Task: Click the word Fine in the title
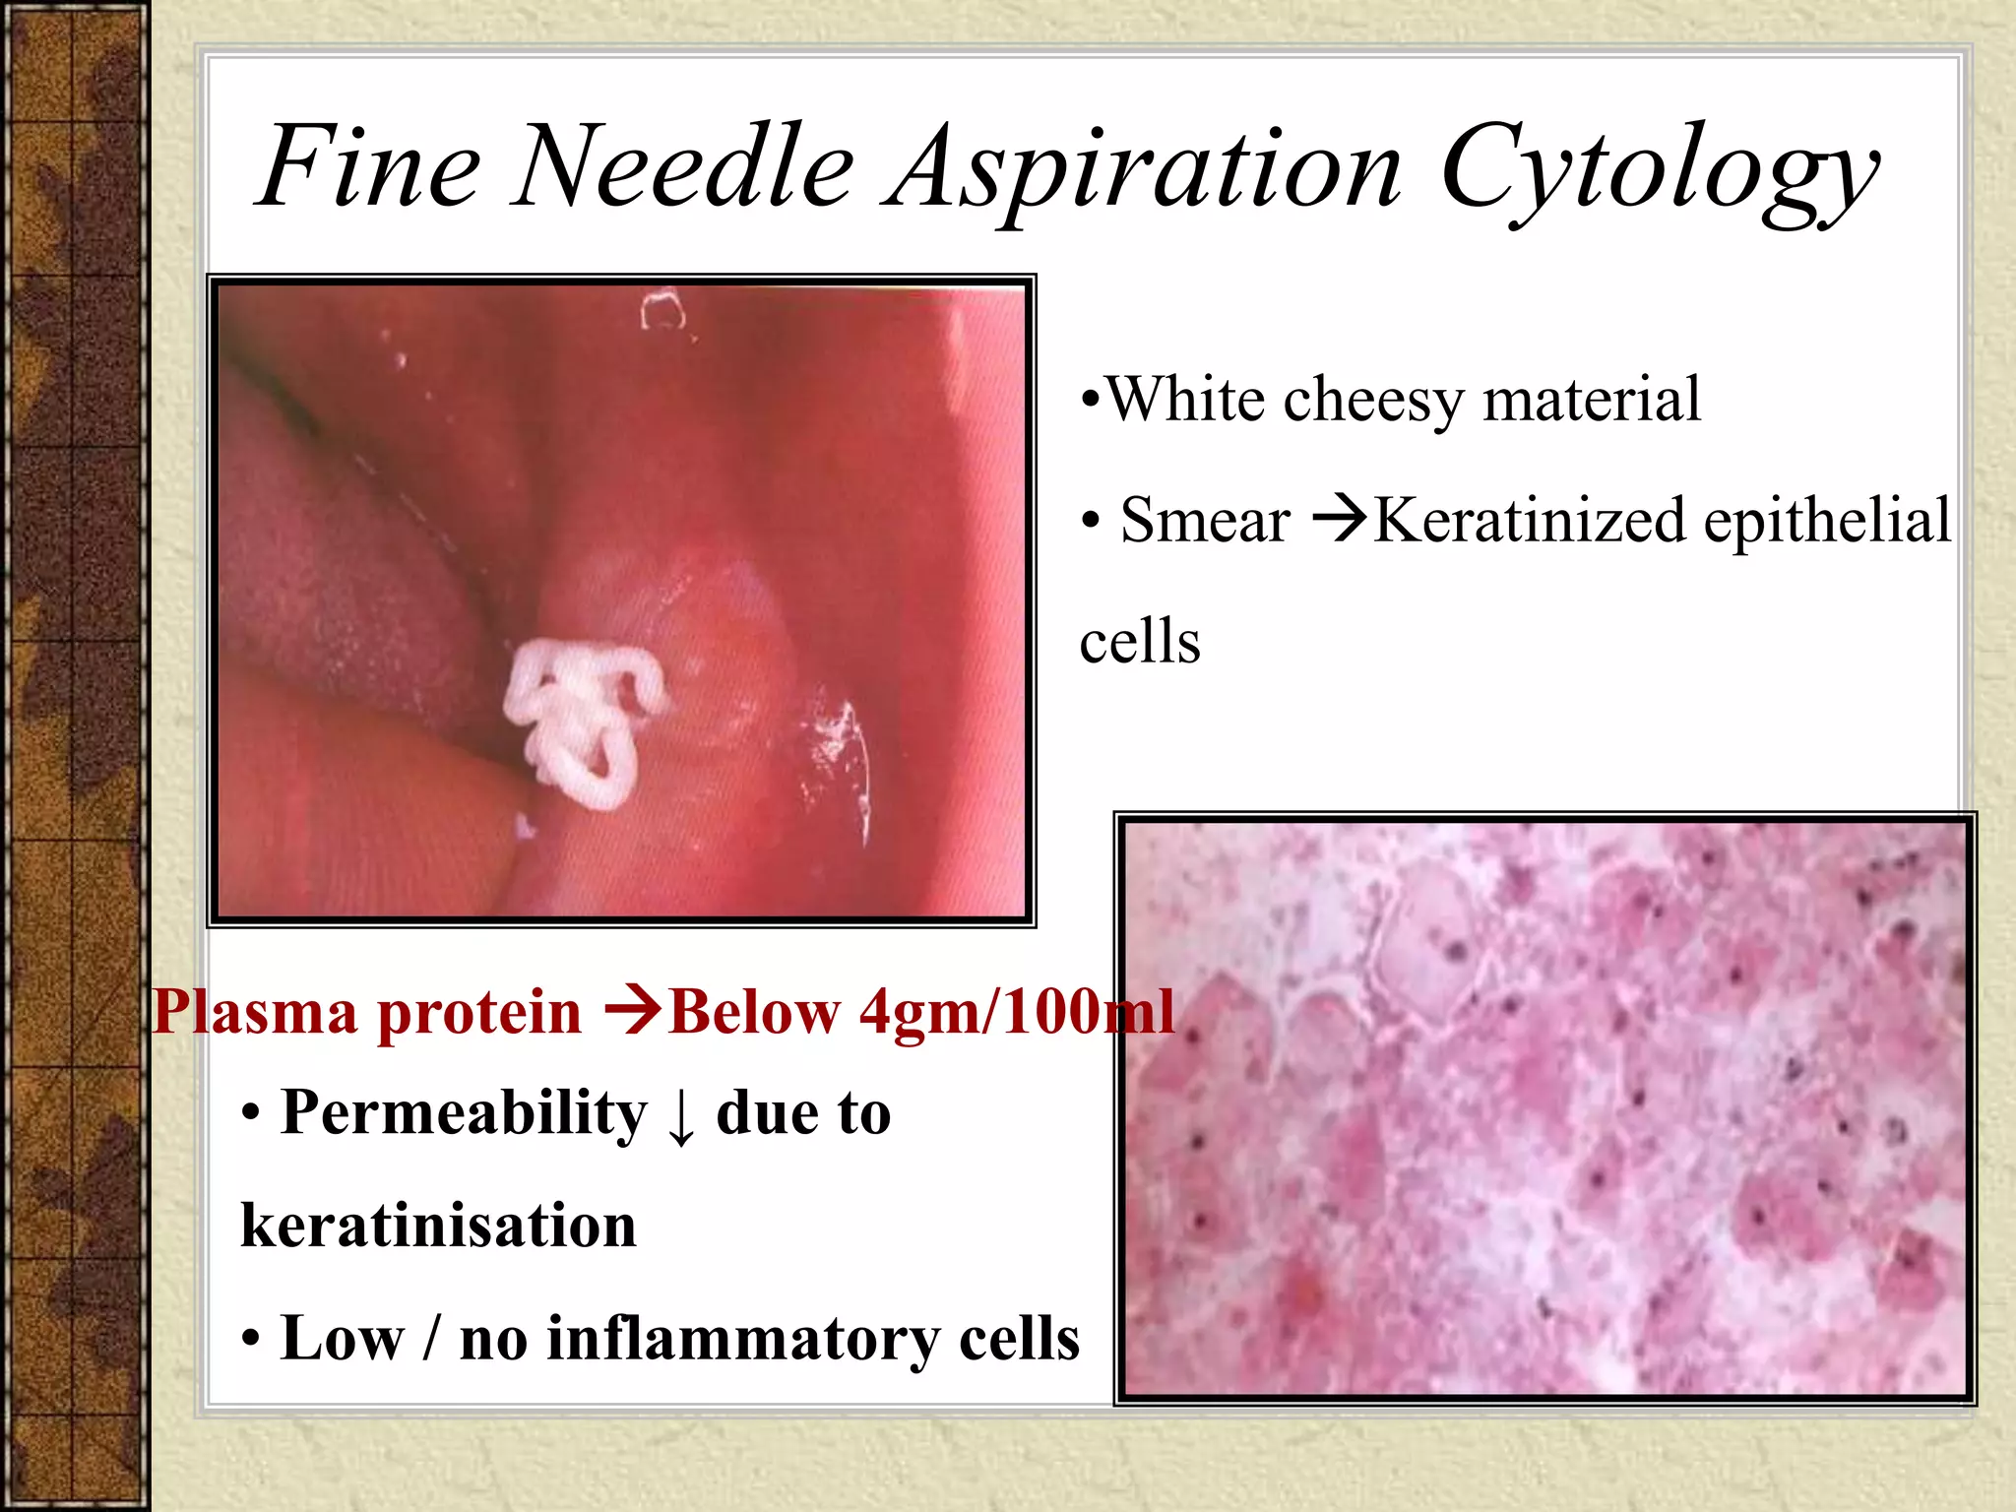(369, 167)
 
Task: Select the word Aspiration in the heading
(1142, 169)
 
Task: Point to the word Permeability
(464, 1113)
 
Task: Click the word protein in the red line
(479, 1014)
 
